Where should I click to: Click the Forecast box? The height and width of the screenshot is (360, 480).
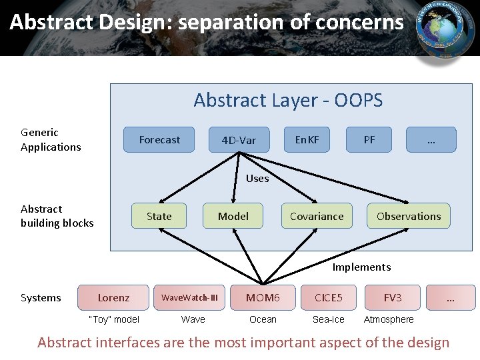159,140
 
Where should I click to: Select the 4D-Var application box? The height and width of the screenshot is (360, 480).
239,140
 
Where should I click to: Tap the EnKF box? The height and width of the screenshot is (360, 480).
307,140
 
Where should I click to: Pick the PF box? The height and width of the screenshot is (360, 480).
369,140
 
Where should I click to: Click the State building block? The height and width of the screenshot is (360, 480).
159,216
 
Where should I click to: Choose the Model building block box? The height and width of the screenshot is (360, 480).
233,216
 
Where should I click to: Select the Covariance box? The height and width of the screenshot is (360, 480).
317,216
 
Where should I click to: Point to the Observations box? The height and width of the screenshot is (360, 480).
409,216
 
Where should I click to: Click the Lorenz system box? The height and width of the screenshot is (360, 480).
113,297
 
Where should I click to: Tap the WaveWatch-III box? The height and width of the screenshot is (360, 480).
189,297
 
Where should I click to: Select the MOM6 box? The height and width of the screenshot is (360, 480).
263,297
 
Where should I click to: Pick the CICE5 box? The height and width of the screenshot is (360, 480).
328,297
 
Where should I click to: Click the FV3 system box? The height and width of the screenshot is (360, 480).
393,297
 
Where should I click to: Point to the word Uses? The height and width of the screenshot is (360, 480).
257,178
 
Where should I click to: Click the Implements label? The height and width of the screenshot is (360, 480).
361,267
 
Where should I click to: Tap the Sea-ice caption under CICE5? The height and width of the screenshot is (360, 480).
329,319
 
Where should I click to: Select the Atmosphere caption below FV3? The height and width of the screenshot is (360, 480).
389,319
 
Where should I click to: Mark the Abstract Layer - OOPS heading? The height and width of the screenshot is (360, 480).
288,100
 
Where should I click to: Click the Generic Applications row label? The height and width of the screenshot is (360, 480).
51,140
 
